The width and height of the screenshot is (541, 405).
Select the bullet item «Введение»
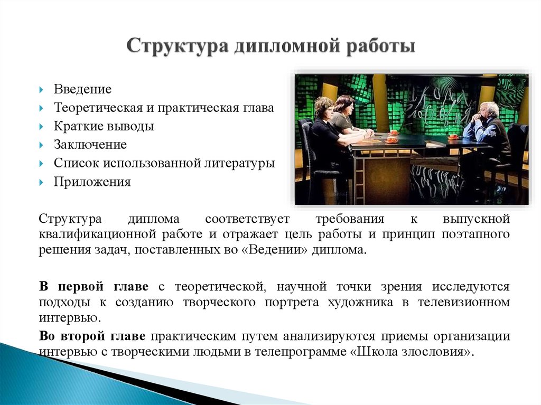pyautogui.click(x=82, y=89)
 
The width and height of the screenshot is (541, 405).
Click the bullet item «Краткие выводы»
pyautogui.click(x=104, y=126)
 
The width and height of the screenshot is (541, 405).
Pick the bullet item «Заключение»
pyautogui.click(x=90, y=145)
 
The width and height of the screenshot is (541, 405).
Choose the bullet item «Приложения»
pyautogui.click(x=92, y=182)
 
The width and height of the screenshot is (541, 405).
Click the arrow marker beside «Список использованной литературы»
pyautogui.click(x=41, y=164)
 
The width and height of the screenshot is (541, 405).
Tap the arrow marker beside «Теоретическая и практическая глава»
pyautogui.click(x=41, y=108)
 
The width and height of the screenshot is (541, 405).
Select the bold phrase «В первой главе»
pyautogui.click(x=94, y=287)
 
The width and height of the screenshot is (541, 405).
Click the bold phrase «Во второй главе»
pyautogui.click(x=92, y=336)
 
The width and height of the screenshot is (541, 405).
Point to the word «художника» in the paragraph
pyautogui.click(x=360, y=303)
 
